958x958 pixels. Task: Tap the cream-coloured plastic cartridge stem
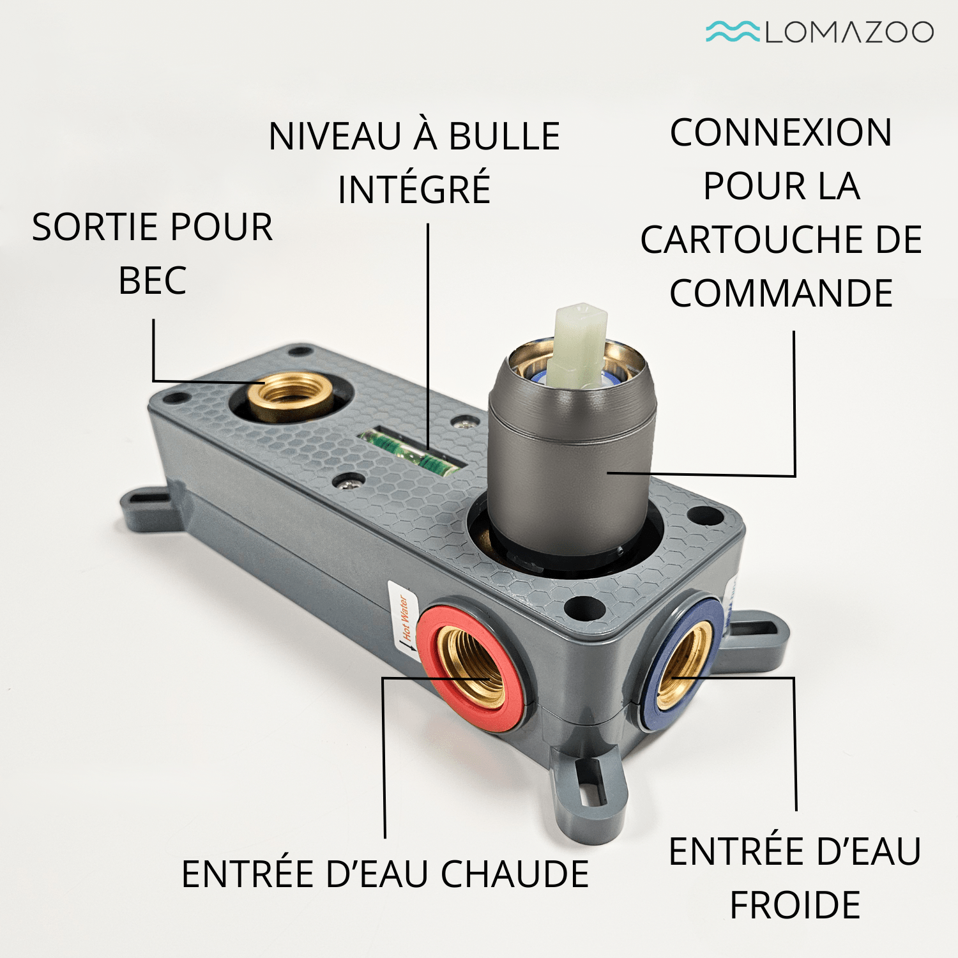pos(580,345)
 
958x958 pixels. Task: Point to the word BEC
pos(153,280)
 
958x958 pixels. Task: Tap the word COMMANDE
pos(781,293)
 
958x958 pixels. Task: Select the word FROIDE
pos(795,905)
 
